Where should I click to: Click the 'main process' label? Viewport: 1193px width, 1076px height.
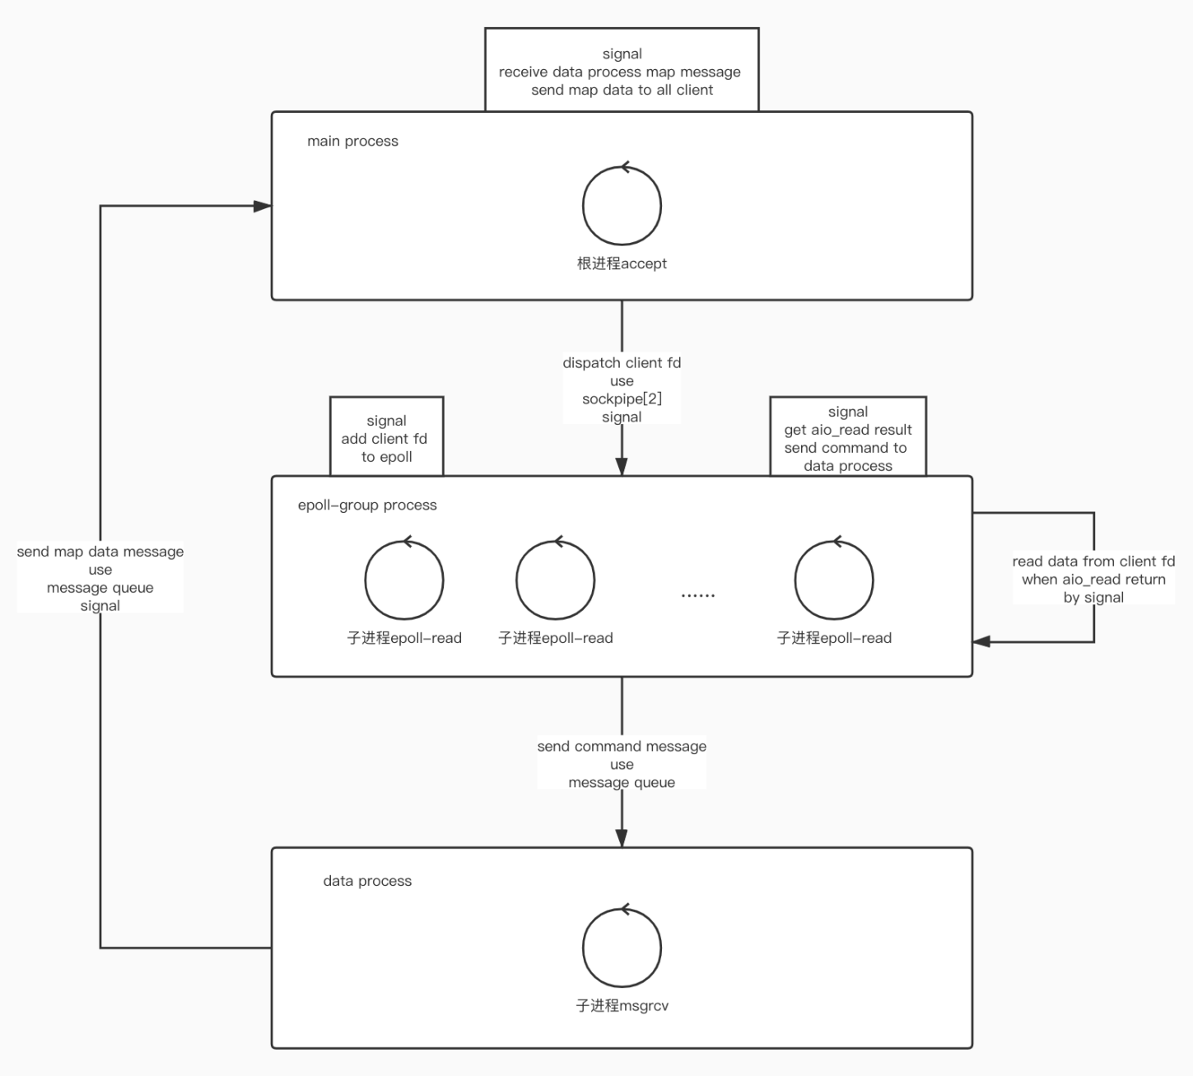click(352, 142)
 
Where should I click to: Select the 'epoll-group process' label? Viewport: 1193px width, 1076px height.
click(367, 505)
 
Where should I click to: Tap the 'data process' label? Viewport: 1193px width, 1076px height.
click(367, 881)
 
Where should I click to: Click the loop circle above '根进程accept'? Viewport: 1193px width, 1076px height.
click(622, 206)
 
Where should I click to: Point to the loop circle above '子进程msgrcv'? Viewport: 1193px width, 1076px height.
click(622, 948)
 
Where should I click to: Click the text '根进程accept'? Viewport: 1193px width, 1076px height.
click(622, 264)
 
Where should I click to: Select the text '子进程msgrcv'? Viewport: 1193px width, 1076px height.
click(622, 1006)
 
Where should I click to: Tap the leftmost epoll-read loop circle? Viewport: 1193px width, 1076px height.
click(404, 580)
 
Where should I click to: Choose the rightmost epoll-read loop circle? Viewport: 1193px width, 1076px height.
click(834, 580)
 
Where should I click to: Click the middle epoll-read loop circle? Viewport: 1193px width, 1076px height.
click(556, 580)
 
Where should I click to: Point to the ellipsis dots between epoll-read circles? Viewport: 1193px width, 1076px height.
click(698, 594)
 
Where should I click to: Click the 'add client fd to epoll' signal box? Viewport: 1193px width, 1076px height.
click(386, 439)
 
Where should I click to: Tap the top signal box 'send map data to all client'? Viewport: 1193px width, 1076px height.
click(622, 72)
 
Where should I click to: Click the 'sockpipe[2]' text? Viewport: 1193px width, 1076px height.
click(622, 399)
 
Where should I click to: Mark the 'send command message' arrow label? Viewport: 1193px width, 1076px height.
click(622, 747)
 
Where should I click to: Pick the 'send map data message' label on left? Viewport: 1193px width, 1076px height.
click(100, 552)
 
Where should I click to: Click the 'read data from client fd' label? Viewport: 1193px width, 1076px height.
click(1093, 561)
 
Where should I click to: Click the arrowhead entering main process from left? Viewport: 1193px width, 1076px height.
click(263, 206)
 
